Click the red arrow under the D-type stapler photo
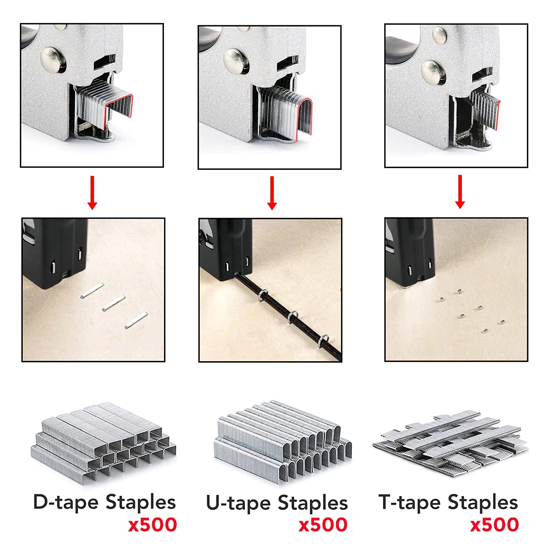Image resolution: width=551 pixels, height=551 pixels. (92, 193)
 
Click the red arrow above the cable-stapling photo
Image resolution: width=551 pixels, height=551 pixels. (272, 193)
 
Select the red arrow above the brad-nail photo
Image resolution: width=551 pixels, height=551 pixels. (460, 192)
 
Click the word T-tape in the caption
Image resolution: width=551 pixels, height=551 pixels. (409, 502)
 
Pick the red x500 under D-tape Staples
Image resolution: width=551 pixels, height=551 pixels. (153, 525)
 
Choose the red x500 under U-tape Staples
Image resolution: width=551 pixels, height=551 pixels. (323, 525)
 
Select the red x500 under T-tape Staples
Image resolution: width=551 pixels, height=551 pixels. (495, 525)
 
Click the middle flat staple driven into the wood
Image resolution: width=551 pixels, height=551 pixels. (113, 303)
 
